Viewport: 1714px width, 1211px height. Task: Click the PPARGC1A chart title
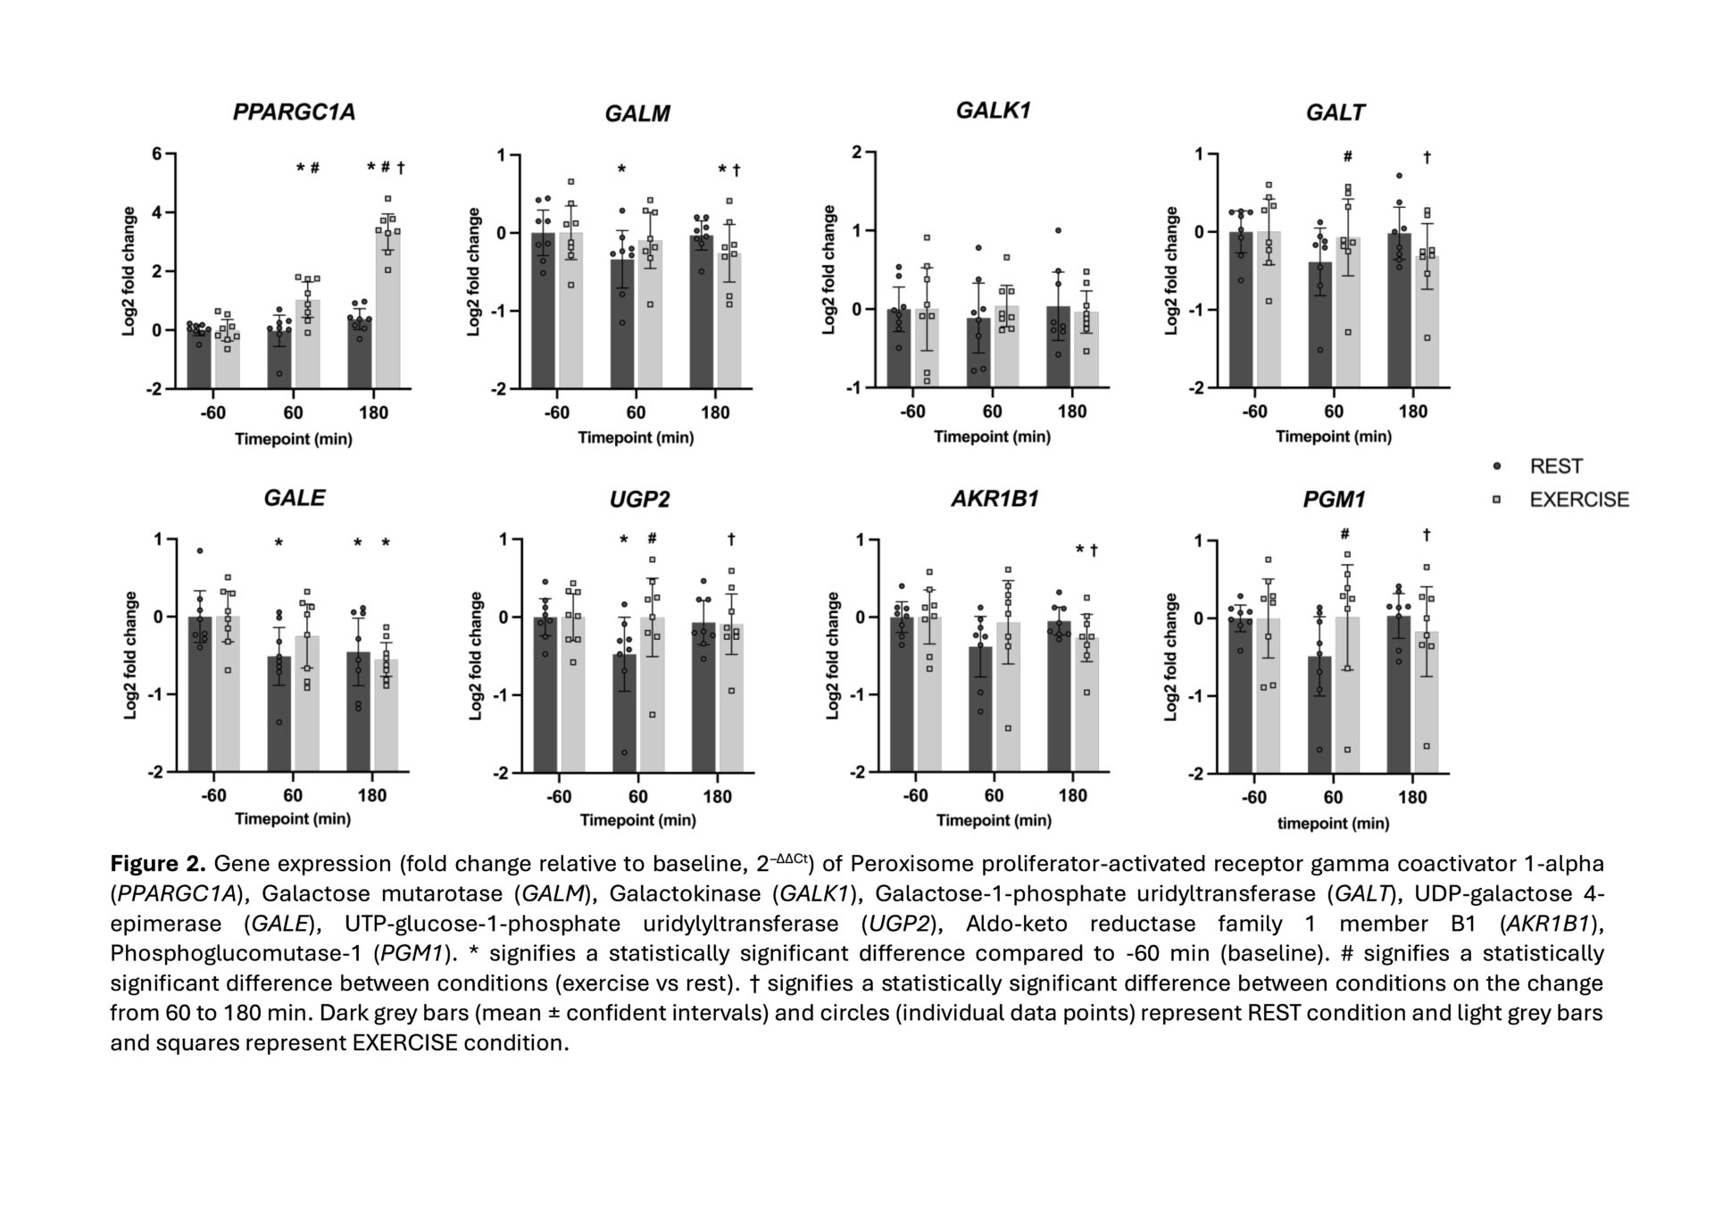pyautogui.click(x=294, y=112)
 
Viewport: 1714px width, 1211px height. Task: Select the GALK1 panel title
pyautogui.click(x=993, y=111)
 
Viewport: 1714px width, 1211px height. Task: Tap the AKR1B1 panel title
pyautogui.click(x=994, y=499)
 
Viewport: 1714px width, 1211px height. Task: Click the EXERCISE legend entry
pyautogui.click(x=1578, y=500)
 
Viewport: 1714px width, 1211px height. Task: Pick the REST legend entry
pyautogui.click(x=1555, y=467)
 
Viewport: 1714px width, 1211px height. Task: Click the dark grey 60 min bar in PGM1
pyautogui.click(x=1319, y=714)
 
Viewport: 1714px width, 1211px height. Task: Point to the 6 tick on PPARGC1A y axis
pyautogui.click(x=157, y=154)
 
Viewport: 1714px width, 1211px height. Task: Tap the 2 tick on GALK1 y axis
pyautogui.click(x=857, y=153)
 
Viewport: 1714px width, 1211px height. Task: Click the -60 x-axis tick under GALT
pyautogui.click(x=1254, y=412)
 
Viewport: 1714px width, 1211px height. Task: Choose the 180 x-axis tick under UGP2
pyautogui.click(x=717, y=796)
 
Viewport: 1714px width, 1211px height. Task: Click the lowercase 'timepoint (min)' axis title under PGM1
pyautogui.click(x=1333, y=823)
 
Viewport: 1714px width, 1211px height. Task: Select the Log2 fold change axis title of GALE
pyautogui.click(x=130, y=655)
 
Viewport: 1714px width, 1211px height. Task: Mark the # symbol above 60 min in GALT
pyautogui.click(x=1347, y=157)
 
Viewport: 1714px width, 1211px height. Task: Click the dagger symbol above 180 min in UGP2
pyautogui.click(x=731, y=539)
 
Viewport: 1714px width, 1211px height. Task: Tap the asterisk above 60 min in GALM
pyautogui.click(x=622, y=170)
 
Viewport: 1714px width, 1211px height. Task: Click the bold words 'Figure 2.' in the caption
pyautogui.click(x=158, y=864)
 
